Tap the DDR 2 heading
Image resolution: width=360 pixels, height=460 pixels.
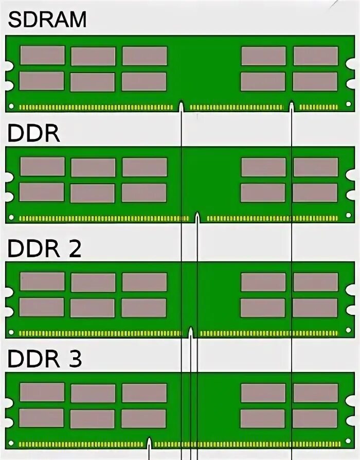(44, 249)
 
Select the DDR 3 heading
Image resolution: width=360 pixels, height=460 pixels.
(44, 359)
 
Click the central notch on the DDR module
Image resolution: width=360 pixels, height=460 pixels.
(197, 217)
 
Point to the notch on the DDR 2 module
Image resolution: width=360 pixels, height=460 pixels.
(191, 332)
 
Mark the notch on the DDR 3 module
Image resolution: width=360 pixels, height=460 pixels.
(150, 443)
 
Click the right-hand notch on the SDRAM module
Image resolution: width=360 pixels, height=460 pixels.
(292, 106)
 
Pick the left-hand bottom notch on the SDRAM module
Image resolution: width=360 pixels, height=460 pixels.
(182, 106)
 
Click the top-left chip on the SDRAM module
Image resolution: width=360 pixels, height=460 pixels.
(42, 56)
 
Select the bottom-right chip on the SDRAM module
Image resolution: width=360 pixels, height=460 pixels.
(315, 81)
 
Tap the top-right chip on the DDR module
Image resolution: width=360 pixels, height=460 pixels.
(315, 167)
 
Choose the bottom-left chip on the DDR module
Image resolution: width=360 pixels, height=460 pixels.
(42, 192)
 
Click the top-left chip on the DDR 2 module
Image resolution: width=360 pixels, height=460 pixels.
(42, 281)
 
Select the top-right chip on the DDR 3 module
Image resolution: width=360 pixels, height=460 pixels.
(315, 393)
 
